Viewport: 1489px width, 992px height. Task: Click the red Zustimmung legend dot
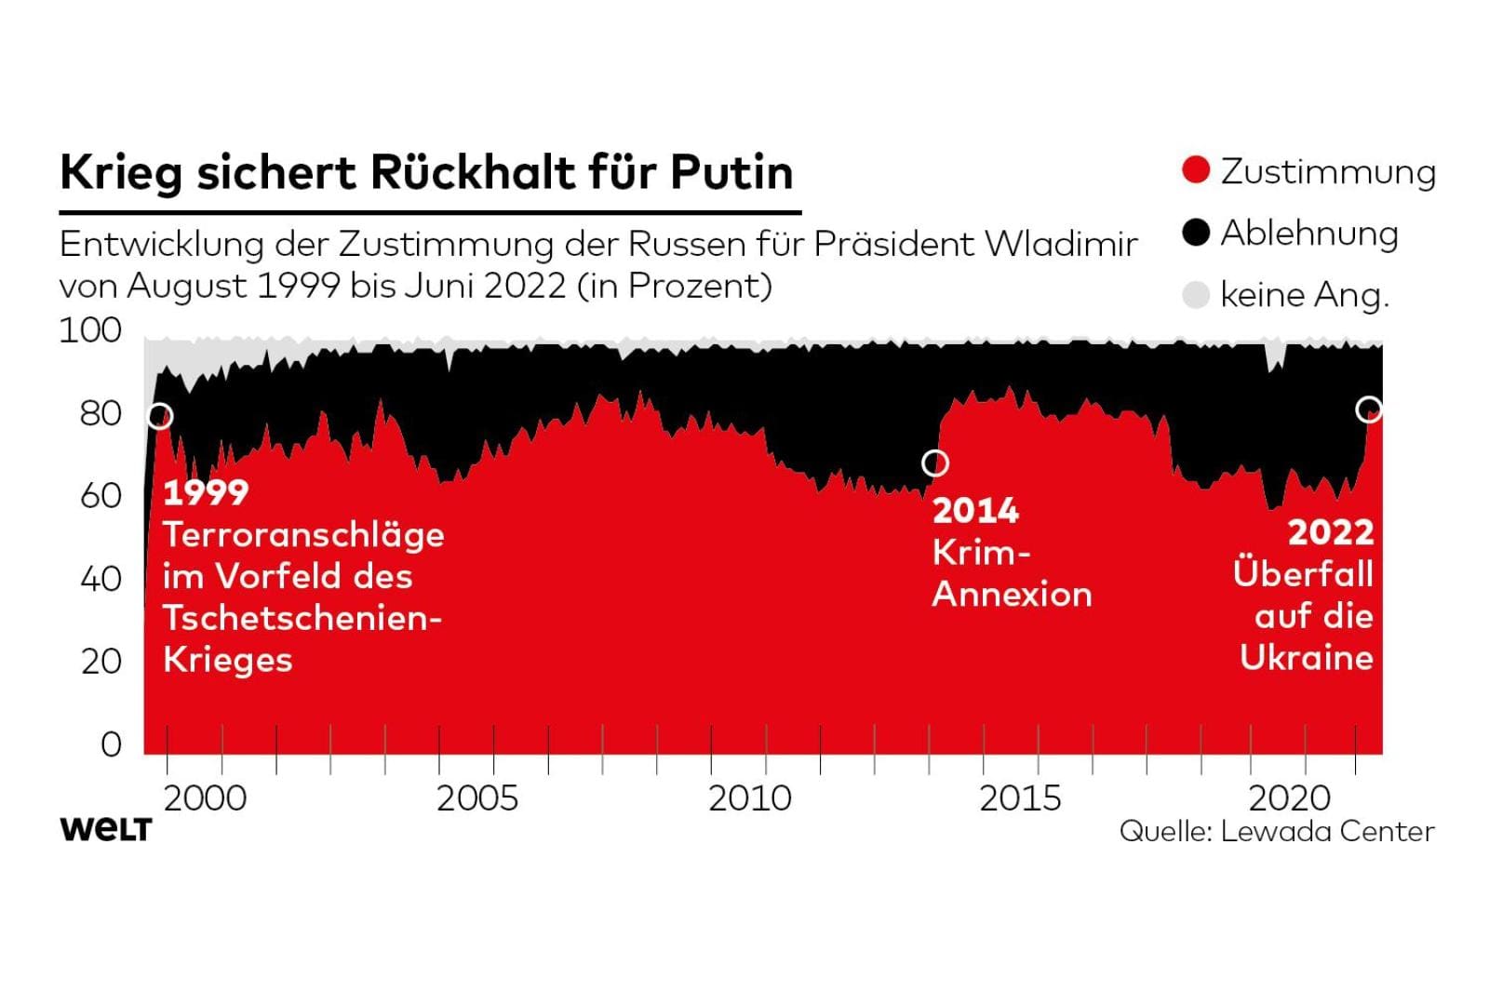1196,170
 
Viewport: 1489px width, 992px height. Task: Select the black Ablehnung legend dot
1196,233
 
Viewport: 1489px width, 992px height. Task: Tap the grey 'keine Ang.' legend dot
1196,295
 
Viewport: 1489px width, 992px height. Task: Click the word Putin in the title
731,172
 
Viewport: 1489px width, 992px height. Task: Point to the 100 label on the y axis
90,330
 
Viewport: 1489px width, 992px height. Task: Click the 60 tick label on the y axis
101,495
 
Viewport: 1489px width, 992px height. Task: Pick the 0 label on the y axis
111,744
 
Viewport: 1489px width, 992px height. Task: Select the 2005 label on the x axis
477,798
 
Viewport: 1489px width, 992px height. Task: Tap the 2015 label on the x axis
1020,798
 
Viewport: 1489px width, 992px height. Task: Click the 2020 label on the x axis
1291,798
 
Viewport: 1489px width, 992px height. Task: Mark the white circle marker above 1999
160,416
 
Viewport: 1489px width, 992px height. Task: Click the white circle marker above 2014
935,462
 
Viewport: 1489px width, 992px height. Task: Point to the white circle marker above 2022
1369,409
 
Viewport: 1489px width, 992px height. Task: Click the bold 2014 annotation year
975,510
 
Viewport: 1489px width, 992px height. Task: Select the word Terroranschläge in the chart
303,535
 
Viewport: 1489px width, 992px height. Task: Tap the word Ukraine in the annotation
1307,658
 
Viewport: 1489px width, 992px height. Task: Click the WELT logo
105,829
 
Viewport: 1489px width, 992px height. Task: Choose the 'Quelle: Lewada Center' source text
1277,831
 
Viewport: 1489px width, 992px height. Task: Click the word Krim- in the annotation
981,552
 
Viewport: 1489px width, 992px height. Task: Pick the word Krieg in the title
120,172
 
